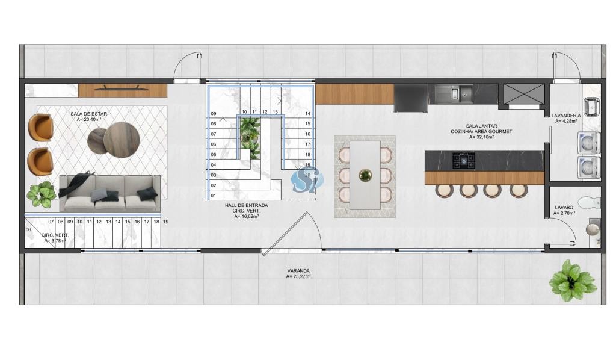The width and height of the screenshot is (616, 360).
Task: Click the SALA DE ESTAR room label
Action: (x=89, y=114)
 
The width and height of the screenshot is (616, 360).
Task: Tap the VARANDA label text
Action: (x=298, y=271)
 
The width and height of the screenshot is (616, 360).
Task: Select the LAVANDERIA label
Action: (x=565, y=116)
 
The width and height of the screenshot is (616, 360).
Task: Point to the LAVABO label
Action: (x=564, y=208)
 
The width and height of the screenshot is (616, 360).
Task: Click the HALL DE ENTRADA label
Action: (x=246, y=205)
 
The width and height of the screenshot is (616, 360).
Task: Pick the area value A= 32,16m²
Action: (x=481, y=137)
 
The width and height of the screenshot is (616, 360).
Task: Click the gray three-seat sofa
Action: (x=110, y=193)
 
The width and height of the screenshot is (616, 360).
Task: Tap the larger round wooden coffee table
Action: (x=122, y=140)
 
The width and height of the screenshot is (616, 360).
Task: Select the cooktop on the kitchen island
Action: (x=464, y=160)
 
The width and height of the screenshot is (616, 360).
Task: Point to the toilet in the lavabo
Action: (x=591, y=202)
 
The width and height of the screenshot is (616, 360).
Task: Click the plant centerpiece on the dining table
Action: (x=365, y=175)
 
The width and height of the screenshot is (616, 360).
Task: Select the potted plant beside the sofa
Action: (x=42, y=194)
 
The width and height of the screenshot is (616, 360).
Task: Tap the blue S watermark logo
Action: (x=306, y=179)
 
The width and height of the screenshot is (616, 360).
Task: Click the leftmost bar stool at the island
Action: (x=445, y=191)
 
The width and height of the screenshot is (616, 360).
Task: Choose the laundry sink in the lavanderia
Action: (x=591, y=107)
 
